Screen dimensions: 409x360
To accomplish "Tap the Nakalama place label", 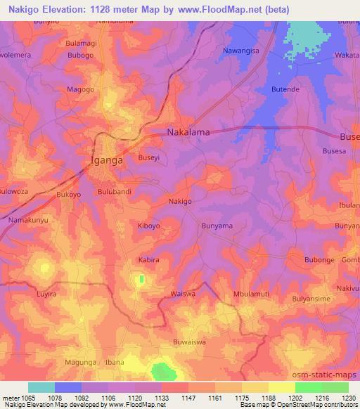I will [190, 132].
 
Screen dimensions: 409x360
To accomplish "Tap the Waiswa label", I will [182, 294].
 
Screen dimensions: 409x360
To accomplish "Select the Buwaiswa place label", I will [189, 342].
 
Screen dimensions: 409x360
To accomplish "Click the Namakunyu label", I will [27, 221].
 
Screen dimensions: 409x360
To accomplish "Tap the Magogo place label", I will [80, 89].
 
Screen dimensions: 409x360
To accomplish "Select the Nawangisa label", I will [241, 51].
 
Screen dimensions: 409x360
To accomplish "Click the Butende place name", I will [285, 90].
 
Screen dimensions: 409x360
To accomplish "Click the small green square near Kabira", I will [141, 279].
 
